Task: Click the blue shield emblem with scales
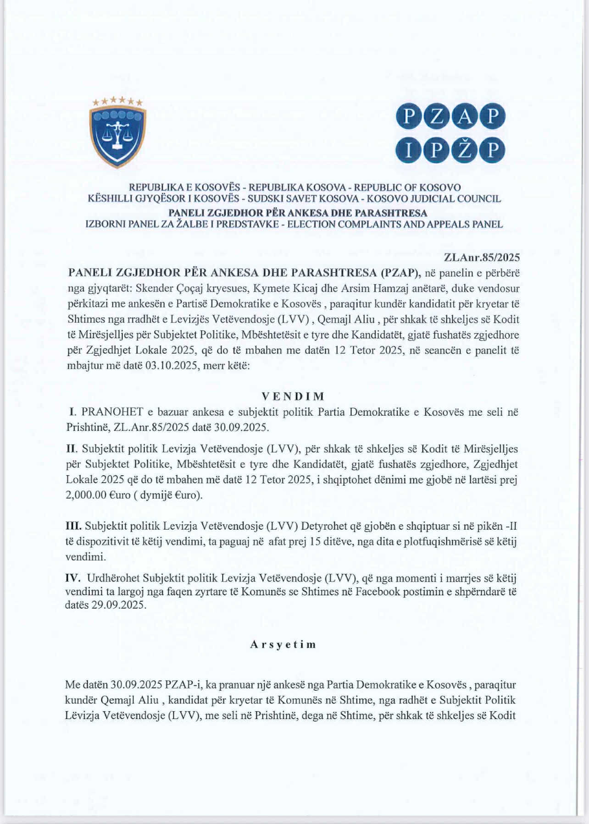(x=118, y=136)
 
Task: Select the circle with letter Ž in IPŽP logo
(x=465, y=151)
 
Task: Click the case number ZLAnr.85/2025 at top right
(x=482, y=258)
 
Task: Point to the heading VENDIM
(x=293, y=396)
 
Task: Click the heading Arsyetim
(x=283, y=644)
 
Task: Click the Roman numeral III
(x=73, y=526)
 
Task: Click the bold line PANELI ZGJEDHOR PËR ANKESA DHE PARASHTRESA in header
(x=298, y=213)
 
